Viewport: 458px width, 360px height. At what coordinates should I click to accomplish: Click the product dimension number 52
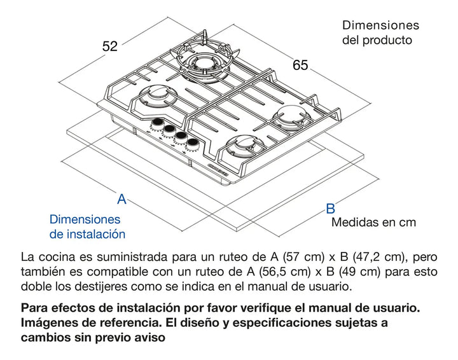pos(110,46)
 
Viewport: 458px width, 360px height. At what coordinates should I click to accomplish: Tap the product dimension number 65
pos(300,65)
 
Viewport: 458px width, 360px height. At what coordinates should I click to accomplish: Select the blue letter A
pos(121,199)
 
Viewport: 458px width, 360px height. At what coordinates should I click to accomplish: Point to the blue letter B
pos(330,208)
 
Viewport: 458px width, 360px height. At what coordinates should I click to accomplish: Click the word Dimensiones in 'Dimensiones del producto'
pos(380,25)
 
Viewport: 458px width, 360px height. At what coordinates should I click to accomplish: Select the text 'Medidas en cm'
pos(373,223)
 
